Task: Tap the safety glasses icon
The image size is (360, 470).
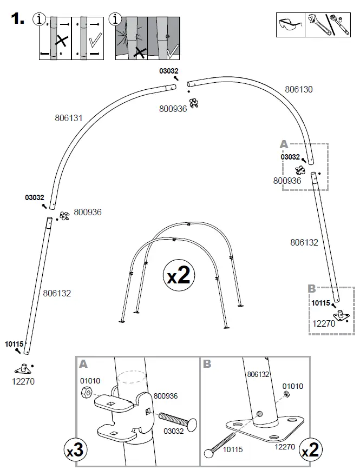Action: tap(290, 25)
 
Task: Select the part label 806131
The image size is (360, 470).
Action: tap(68, 117)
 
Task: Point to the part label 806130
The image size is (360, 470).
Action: tap(298, 89)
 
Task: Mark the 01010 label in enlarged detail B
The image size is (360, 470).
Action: tap(292, 386)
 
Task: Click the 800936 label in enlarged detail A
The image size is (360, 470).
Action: tap(166, 396)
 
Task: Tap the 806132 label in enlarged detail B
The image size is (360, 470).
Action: tap(258, 374)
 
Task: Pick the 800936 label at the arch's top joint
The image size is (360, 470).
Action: tap(173, 109)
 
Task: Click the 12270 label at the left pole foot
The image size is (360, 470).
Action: tap(23, 381)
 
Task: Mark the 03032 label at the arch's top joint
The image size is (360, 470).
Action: tap(168, 70)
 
